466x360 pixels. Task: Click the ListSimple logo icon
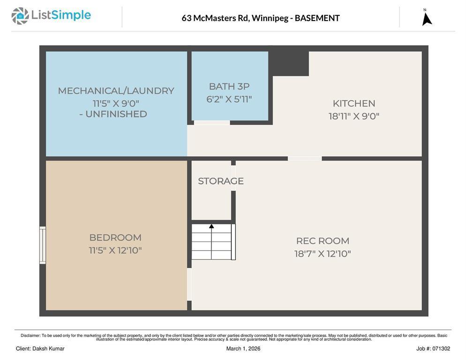click(x=20, y=16)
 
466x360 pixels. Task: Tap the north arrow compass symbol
click(x=427, y=18)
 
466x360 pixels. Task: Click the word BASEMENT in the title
click(x=317, y=18)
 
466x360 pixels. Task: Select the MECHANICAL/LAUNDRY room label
click(x=116, y=91)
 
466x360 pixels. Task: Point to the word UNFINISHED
click(x=116, y=114)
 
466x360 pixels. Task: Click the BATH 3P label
click(x=229, y=87)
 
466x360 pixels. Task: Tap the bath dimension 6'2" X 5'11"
click(x=229, y=99)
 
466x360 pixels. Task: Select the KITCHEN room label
click(x=354, y=104)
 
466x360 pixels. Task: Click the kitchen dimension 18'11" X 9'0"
click(x=354, y=116)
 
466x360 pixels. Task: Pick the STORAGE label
click(x=221, y=181)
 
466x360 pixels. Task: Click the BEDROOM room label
click(x=115, y=238)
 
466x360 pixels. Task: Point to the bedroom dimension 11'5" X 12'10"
click(x=115, y=250)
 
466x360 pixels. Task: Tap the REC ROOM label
click(x=323, y=241)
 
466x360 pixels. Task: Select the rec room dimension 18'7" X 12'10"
click(x=323, y=254)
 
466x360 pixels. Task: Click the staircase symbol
click(x=212, y=242)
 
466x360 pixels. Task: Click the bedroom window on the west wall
click(x=43, y=245)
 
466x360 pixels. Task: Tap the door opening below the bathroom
click(x=212, y=123)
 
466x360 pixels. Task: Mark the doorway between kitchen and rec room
click(x=305, y=158)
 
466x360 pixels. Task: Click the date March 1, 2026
click(x=243, y=349)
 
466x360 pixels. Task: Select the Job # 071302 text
click(x=433, y=349)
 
